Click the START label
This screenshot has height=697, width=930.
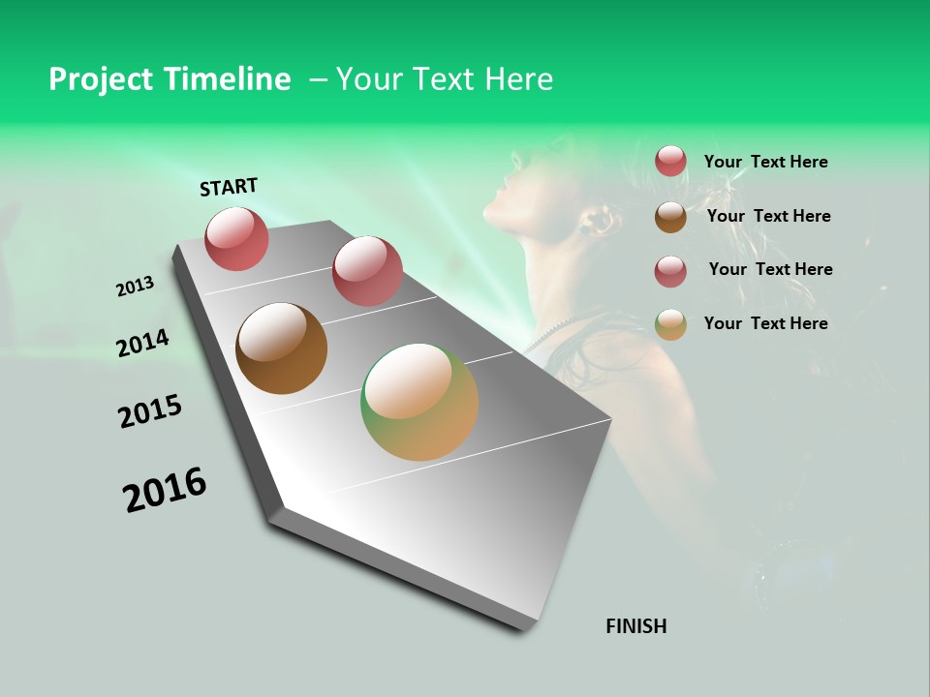pyautogui.click(x=229, y=187)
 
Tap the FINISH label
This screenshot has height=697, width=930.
pyautogui.click(x=635, y=626)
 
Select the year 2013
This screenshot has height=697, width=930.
pyautogui.click(x=135, y=287)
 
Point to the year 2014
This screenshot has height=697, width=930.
pyautogui.click(x=142, y=343)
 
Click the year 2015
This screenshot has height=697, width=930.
pyautogui.click(x=149, y=410)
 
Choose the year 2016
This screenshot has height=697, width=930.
pyautogui.click(x=164, y=489)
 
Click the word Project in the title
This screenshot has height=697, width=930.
pyautogui.click(x=100, y=79)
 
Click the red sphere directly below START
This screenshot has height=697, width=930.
pyautogui.click(x=236, y=238)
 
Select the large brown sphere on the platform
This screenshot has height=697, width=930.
pyautogui.click(x=281, y=348)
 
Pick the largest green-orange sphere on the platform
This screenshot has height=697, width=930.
pyautogui.click(x=419, y=402)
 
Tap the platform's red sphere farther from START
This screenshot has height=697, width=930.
pyautogui.click(x=367, y=270)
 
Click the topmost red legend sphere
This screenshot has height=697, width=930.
pyautogui.click(x=670, y=161)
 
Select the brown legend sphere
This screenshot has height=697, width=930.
pyautogui.click(x=670, y=217)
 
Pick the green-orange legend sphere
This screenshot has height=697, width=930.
pyautogui.click(x=670, y=324)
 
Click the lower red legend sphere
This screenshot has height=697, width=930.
pyautogui.click(x=670, y=271)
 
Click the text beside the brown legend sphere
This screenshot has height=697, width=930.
pyautogui.click(x=768, y=216)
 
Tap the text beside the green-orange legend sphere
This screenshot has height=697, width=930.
pyautogui.click(x=765, y=323)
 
